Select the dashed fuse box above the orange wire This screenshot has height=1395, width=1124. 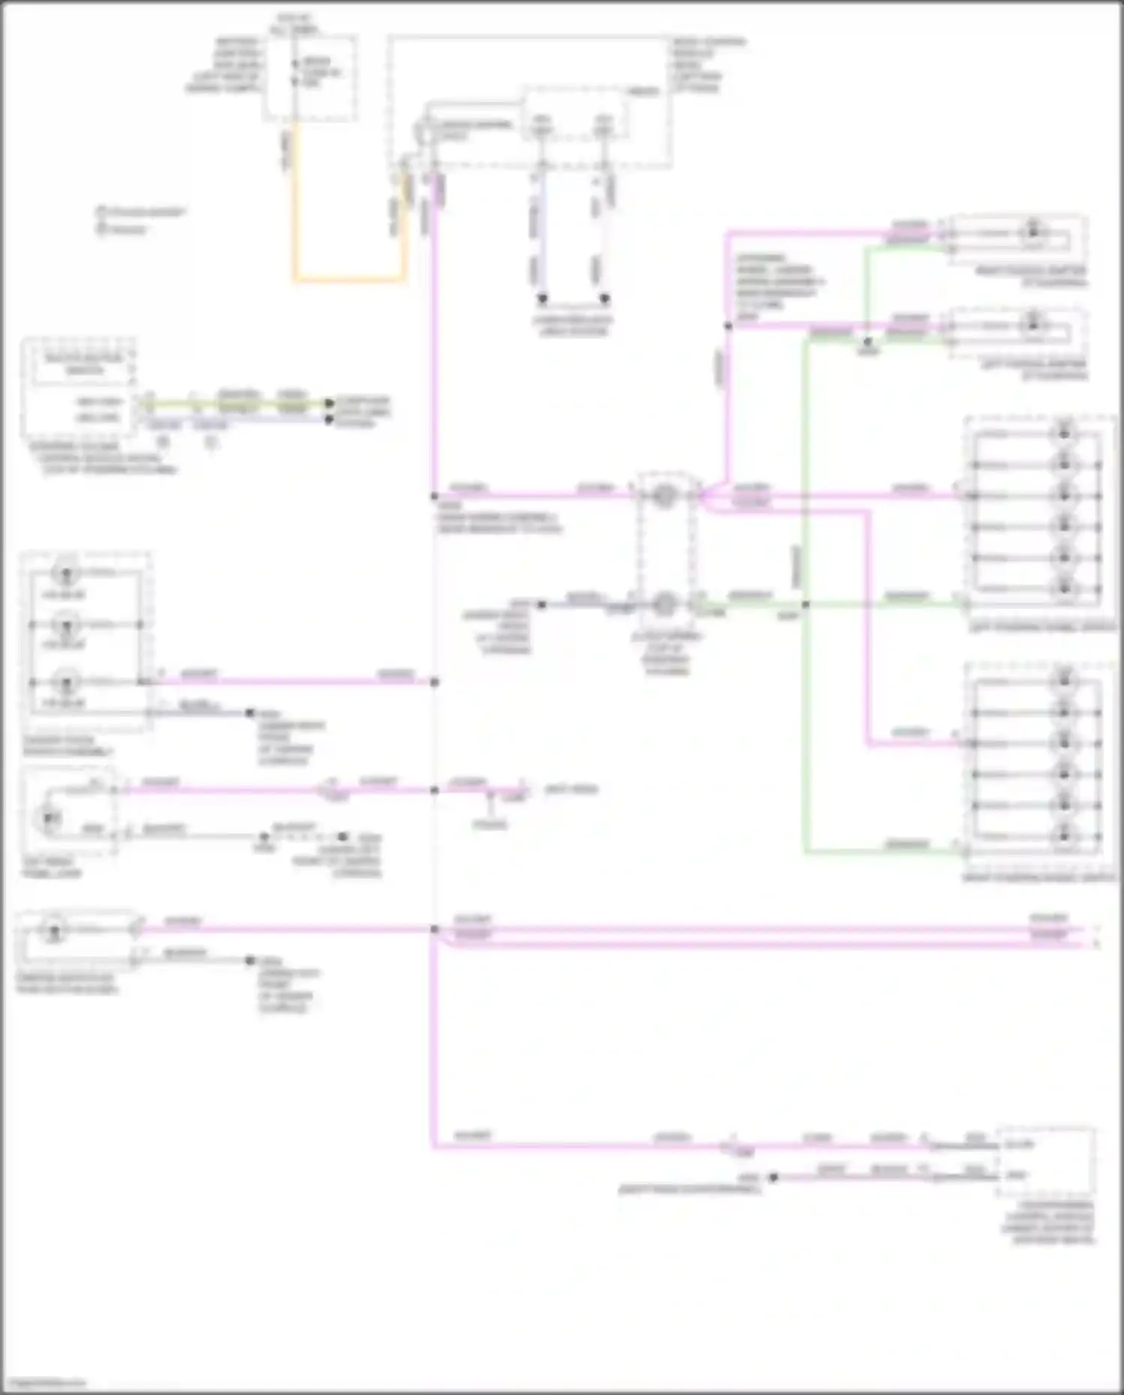coord(309,77)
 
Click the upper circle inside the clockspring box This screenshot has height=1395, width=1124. coord(664,495)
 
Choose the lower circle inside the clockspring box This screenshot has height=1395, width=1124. coord(664,603)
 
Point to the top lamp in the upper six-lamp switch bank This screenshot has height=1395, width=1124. coord(1064,433)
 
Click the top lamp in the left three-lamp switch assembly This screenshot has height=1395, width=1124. coord(66,573)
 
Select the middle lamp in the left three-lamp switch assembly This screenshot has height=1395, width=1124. coord(66,624)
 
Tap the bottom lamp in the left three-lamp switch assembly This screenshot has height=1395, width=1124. coord(66,682)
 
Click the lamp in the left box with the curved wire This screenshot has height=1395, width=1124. coord(50,817)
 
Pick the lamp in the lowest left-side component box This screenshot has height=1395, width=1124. coord(53,932)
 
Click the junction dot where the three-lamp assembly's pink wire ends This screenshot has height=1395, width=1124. coord(435,682)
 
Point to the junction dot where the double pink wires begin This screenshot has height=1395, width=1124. coord(435,930)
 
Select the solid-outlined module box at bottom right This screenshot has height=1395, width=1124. coord(1046,1161)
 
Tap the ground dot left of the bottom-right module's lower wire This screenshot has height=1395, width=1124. coord(773,1178)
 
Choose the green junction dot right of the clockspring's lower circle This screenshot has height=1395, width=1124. coord(806,604)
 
